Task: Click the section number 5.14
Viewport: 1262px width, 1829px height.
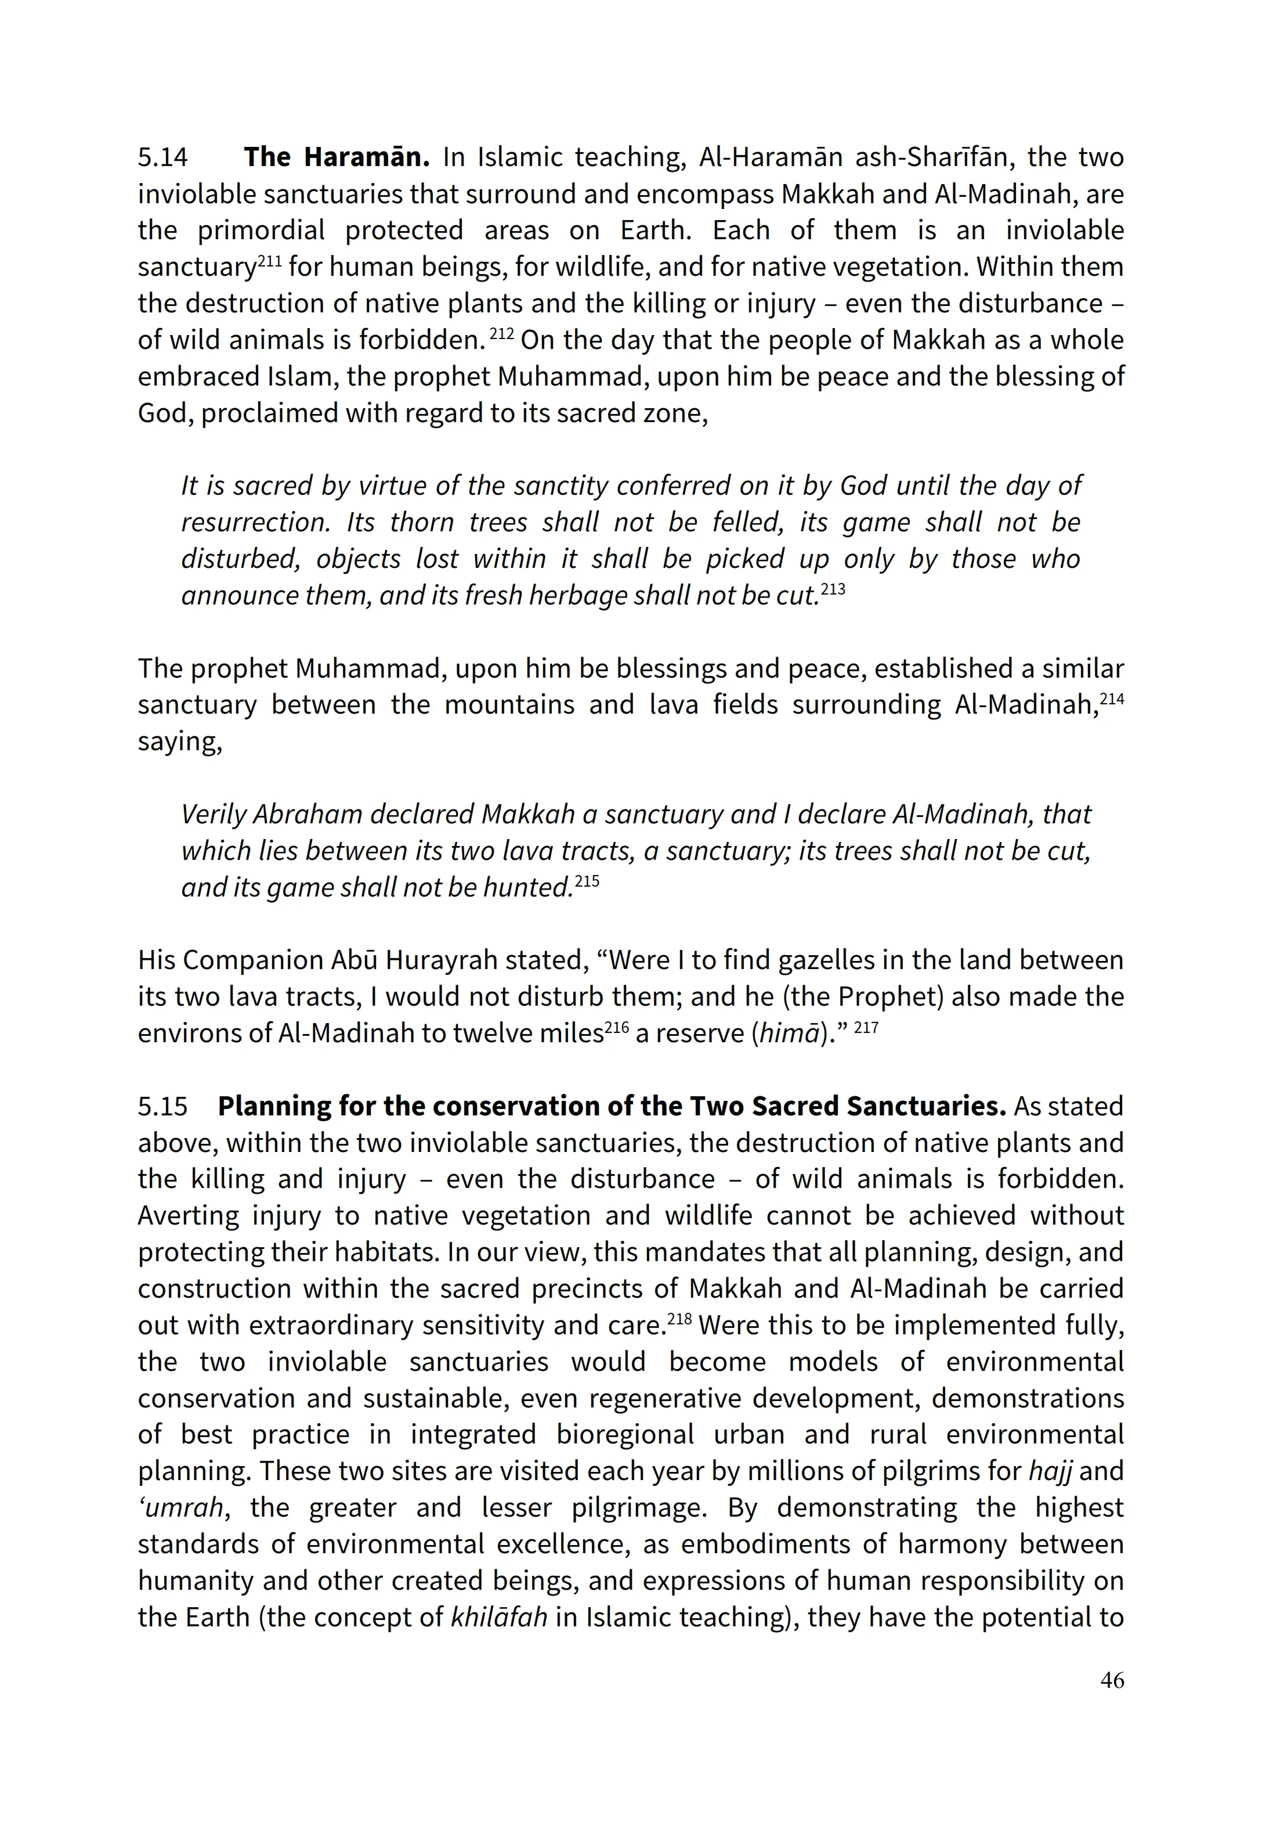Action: click(163, 157)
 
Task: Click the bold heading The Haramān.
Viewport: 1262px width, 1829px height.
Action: click(336, 157)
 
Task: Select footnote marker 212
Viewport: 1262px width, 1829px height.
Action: click(502, 333)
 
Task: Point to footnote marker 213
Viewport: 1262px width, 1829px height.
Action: click(833, 589)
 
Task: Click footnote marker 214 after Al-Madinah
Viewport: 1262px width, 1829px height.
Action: click(1112, 698)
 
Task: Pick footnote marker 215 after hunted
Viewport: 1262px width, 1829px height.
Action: click(587, 880)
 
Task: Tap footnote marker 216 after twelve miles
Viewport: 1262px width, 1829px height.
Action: click(616, 1027)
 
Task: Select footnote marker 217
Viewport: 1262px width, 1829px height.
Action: click(867, 1027)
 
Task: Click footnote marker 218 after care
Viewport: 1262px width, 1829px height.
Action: click(679, 1319)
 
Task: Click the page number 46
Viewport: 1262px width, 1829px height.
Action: click(1112, 1680)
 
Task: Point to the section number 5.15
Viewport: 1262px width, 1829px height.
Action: click(163, 1106)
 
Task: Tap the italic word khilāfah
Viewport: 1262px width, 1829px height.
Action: click(499, 1617)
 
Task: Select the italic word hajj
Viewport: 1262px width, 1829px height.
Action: click(1050, 1471)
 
